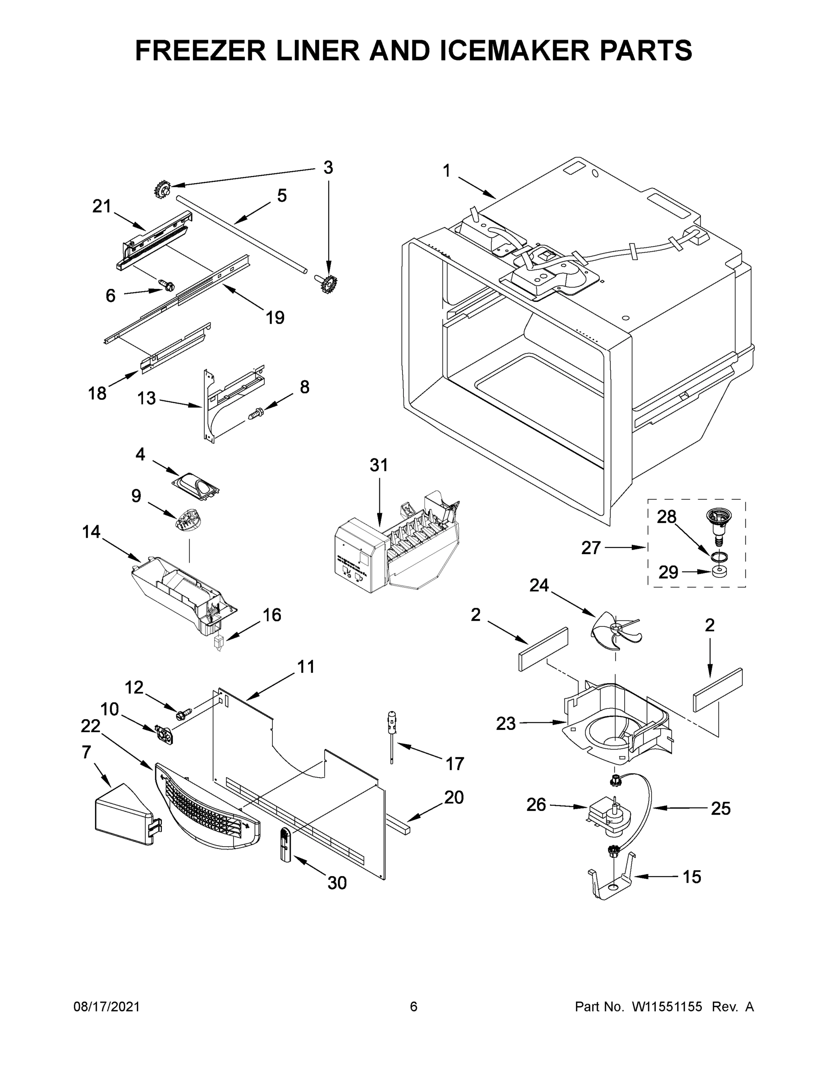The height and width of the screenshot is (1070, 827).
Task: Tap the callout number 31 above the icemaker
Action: tap(379, 465)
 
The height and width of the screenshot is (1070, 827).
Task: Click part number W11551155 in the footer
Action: tap(667, 1007)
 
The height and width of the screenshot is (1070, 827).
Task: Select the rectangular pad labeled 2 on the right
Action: tap(718, 689)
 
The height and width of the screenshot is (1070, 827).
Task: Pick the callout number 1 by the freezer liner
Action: tap(446, 171)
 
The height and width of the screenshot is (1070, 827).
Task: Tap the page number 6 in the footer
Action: tap(414, 1007)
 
